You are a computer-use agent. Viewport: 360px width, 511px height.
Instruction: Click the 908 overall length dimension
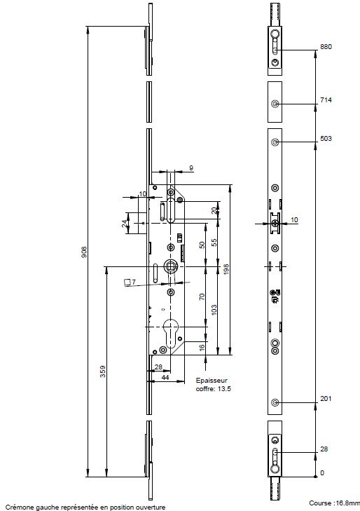click(x=84, y=252)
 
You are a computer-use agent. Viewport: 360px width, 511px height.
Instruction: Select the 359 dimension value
click(x=102, y=372)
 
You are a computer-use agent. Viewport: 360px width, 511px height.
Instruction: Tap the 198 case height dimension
click(x=226, y=269)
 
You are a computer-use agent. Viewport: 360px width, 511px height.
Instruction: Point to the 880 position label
click(x=326, y=46)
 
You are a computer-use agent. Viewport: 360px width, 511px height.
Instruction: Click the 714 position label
click(x=326, y=100)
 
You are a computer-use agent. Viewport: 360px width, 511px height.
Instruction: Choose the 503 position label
click(x=326, y=139)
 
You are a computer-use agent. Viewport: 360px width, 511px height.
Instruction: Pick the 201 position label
click(x=326, y=399)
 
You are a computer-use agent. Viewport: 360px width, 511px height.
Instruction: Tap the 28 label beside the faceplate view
click(x=324, y=449)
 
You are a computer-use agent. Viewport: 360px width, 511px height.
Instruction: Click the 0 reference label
click(x=322, y=473)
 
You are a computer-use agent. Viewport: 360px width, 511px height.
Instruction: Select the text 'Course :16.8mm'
click(x=335, y=503)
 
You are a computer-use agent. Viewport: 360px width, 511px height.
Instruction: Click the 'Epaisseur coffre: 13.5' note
click(x=213, y=385)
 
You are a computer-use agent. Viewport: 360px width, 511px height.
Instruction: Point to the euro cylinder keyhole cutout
click(x=171, y=332)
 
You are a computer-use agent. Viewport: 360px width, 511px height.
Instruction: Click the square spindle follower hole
click(x=171, y=266)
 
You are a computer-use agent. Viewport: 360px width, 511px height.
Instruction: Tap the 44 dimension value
click(x=165, y=377)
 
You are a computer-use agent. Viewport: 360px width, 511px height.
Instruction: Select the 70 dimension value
click(x=202, y=297)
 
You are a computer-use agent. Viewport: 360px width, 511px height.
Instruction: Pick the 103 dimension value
click(x=214, y=310)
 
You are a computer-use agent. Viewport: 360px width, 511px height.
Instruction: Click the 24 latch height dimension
click(x=125, y=223)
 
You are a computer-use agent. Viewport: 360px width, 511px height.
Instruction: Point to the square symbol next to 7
click(x=127, y=282)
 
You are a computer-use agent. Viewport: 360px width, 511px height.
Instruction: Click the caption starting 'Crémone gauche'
click(x=86, y=507)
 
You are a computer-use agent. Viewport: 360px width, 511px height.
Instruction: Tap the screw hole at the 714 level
click(x=275, y=104)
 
